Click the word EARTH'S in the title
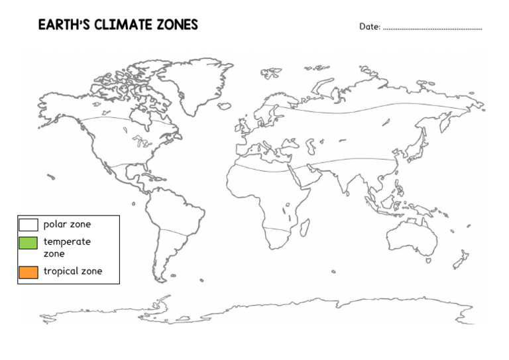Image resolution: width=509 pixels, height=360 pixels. coord(62,25)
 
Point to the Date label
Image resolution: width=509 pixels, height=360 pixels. coord(370,27)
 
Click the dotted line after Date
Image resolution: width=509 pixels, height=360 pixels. coord(432,29)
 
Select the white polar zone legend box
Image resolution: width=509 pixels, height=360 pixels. coord(28,224)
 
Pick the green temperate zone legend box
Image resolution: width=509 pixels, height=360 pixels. coord(28,243)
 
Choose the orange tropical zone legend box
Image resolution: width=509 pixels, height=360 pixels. coord(28,271)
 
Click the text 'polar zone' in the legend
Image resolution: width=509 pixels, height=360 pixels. coord(67,224)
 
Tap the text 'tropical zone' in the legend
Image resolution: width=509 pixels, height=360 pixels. coord(73,270)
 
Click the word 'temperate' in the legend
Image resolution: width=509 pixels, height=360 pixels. coord(67,241)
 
